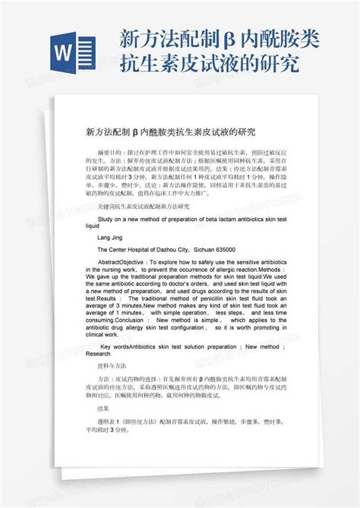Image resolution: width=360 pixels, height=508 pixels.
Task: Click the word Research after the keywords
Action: coord(98,354)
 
